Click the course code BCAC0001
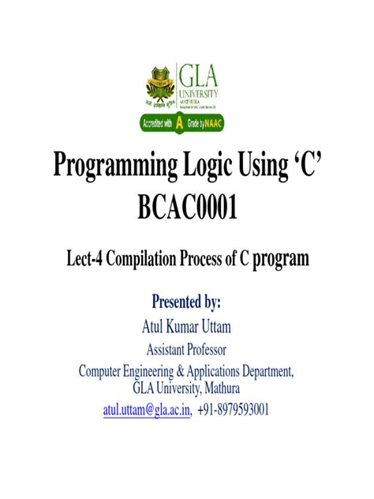(187, 209)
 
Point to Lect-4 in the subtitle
(86, 258)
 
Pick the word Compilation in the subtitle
(153, 258)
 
